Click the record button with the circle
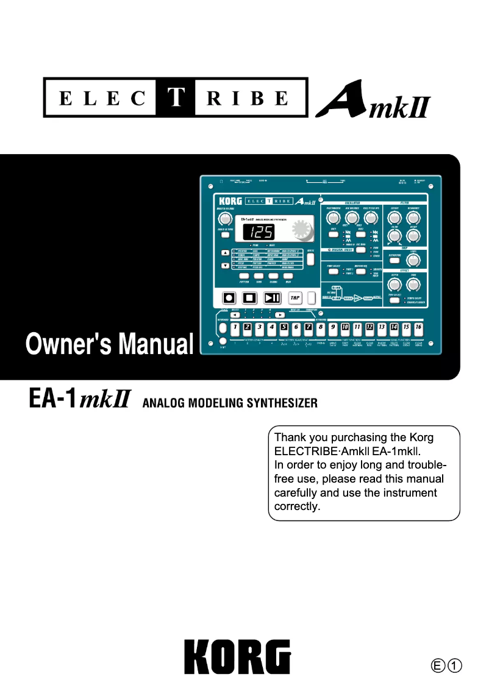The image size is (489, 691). [229, 298]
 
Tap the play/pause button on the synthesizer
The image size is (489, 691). [272, 298]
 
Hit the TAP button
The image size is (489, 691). [295, 298]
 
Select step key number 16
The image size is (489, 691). [418, 328]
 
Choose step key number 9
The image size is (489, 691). [333, 328]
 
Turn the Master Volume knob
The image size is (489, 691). [225, 220]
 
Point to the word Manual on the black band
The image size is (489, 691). [155, 344]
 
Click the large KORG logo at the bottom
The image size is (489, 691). [238, 656]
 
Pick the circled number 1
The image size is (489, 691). [454, 664]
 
